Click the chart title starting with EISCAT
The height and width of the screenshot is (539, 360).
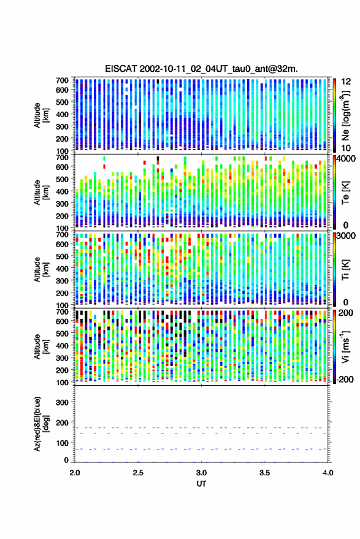(x=201, y=69)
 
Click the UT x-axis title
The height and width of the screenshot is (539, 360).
(x=201, y=484)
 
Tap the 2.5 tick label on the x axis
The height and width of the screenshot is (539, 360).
(x=138, y=473)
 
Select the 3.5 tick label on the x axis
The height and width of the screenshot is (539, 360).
(x=264, y=473)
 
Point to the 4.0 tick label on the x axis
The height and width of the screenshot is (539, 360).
(x=327, y=473)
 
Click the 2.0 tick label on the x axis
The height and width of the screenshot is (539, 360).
(x=75, y=473)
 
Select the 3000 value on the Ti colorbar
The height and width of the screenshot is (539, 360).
(x=346, y=236)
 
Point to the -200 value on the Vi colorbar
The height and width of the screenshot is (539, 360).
(x=344, y=380)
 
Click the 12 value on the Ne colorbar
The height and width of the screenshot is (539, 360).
(x=346, y=82)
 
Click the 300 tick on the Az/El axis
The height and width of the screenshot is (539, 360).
(x=62, y=402)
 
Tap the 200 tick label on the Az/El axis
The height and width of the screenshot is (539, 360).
(x=62, y=422)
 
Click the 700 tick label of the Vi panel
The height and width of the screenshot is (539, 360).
(x=62, y=312)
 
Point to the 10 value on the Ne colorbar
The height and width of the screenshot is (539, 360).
(x=346, y=148)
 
